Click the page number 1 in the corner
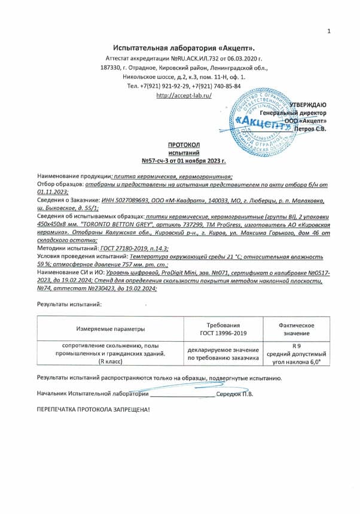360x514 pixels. [328, 31]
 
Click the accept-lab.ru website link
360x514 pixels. [184, 95]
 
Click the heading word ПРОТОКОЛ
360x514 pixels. [184, 145]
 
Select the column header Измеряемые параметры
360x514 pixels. [111, 329]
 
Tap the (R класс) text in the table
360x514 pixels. [111, 362]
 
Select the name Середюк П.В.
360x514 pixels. [234, 394]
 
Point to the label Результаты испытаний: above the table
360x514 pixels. [69, 304]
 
